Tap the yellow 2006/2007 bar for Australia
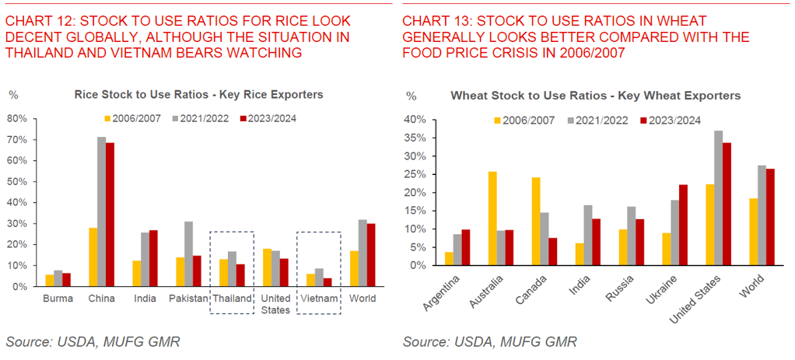(x=492, y=218)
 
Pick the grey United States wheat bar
(x=718, y=198)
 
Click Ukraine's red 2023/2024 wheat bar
(x=684, y=225)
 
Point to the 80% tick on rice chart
(x=17, y=119)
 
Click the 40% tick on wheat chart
(x=415, y=120)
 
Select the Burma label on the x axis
(x=59, y=299)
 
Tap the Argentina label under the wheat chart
(x=440, y=292)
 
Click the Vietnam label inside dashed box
(x=319, y=299)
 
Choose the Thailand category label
(x=232, y=299)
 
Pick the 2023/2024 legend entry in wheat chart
(x=670, y=121)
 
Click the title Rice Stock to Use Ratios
(x=198, y=95)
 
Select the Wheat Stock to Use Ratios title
(x=596, y=96)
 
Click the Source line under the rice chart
(x=93, y=341)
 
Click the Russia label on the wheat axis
(x=620, y=286)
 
